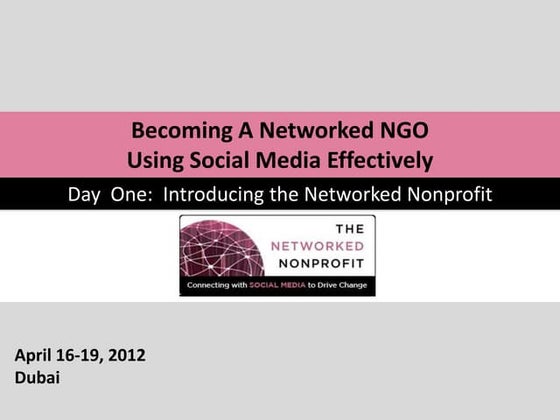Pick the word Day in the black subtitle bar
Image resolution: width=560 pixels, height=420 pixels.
coord(85,194)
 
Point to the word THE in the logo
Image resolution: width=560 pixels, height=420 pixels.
coord(342,228)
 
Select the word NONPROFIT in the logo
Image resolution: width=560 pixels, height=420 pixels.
coord(319,264)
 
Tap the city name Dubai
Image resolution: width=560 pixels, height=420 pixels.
coord(37,379)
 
